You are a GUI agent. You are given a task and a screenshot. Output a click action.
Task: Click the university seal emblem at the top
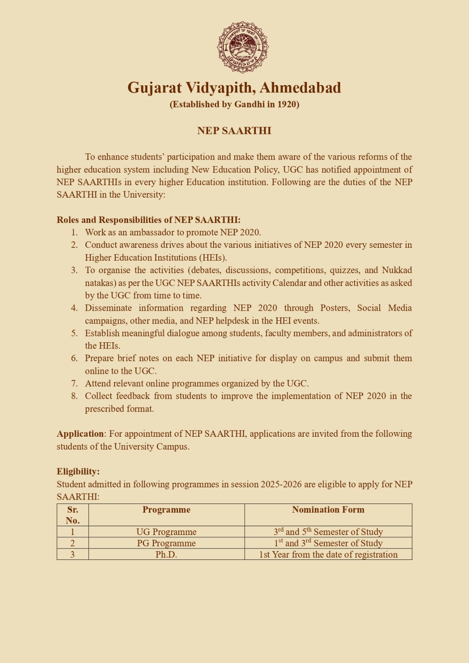click(x=243, y=47)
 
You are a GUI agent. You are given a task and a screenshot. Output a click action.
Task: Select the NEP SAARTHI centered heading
click(x=234, y=131)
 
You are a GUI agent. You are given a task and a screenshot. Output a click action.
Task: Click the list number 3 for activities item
click(x=74, y=270)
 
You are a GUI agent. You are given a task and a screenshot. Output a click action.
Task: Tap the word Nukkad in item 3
click(x=397, y=270)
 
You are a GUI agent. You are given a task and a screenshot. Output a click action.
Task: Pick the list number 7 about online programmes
click(x=74, y=383)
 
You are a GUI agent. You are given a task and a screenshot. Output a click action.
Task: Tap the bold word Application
click(x=80, y=434)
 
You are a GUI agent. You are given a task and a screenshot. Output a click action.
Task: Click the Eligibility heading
click(x=78, y=472)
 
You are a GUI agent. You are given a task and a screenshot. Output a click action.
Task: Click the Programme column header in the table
click(x=166, y=510)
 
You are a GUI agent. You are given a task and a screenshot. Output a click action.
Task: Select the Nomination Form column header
click(x=328, y=510)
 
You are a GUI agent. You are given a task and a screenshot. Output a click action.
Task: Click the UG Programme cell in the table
click(x=166, y=532)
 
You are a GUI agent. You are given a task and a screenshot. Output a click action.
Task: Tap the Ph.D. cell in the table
click(x=166, y=554)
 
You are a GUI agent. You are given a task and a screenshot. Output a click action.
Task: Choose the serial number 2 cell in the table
click(x=73, y=543)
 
